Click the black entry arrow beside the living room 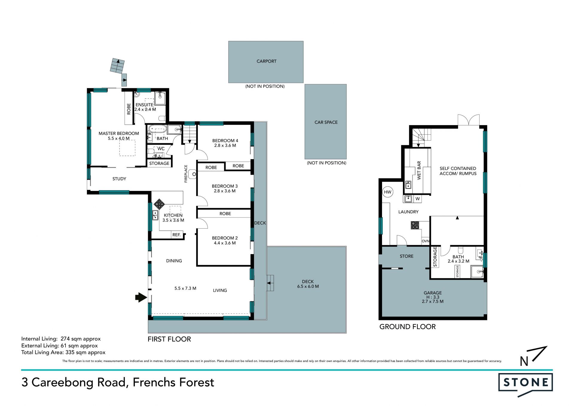(141, 297)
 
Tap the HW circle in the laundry (387, 192)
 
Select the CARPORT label (266, 61)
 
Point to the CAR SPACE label (326, 122)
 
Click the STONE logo (526, 384)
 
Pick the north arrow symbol (533, 356)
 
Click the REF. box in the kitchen (177, 235)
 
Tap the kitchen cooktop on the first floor (159, 205)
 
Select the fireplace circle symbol (194, 174)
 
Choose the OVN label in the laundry (425, 241)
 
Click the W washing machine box (418, 199)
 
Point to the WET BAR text (419, 170)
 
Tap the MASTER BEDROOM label (119, 133)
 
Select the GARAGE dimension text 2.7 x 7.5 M (433, 302)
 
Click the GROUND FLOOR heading (407, 327)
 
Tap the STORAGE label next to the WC (159, 163)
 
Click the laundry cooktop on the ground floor (415, 225)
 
